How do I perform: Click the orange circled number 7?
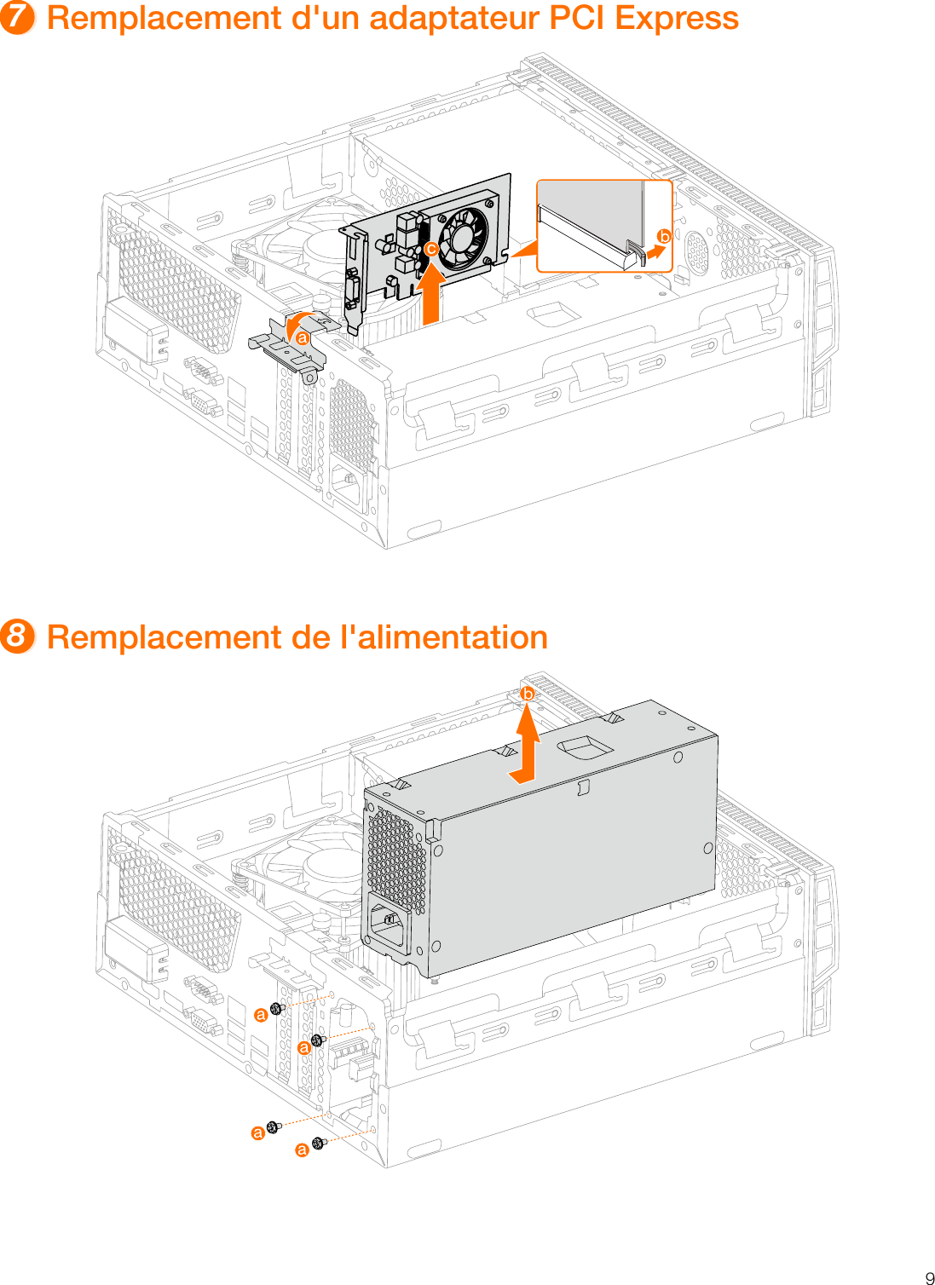(x=17, y=18)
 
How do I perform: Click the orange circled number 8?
(x=17, y=637)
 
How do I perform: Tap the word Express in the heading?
(x=677, y=18)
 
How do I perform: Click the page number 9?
(x=929, y=1277)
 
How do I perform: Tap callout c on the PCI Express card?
(x=431, y=250)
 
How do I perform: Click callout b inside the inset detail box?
(x=663, y=237)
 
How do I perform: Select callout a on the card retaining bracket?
(x=303, y=338)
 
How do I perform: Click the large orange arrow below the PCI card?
(x=432, y=294)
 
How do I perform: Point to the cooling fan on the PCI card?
(x=464, y=235)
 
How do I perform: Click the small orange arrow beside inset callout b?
(x=655, y=252)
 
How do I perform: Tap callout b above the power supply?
(x=528, y=694)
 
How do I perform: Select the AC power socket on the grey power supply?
(x=389, y=924)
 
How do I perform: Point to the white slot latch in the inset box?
(x=635, y=254)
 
